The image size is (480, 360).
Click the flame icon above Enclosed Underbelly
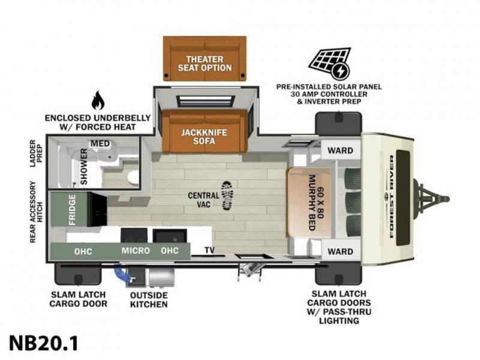click(98, 100)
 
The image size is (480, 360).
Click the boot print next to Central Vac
click(227, 196)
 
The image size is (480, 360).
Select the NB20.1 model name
click(43, 343)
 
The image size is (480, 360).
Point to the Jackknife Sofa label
click(204, 137)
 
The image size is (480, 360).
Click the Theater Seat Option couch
click(205, 58)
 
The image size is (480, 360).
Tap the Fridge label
click(72, 209)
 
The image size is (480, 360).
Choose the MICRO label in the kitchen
click(136, 251)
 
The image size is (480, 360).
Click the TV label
click(209, 250)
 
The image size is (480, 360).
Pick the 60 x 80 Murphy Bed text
click(316, 203)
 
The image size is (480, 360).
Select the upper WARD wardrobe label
click(340, 151)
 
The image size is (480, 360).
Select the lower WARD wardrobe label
click(340, 251)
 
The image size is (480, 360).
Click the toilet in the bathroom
click(133, 177)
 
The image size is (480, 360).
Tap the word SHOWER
click(83, 167)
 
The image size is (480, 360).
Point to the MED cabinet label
click(100, 143)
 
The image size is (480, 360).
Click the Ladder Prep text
click(36, 154)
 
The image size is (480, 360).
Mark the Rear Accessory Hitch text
click(36, 212)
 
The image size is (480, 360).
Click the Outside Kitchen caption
click(149, 300)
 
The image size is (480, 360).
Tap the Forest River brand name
click(392, 197)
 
